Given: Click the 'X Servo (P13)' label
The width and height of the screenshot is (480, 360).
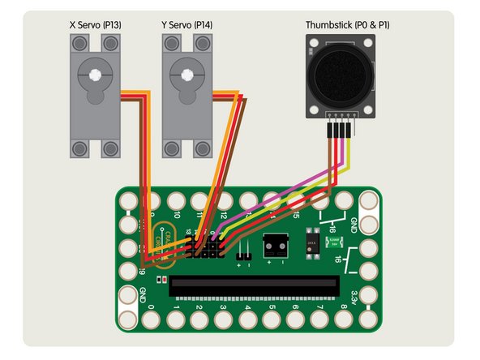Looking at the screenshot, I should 96,26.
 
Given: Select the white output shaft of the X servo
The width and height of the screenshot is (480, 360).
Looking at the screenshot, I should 95,75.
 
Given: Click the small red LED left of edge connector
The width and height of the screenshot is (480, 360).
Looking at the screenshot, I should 165,280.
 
